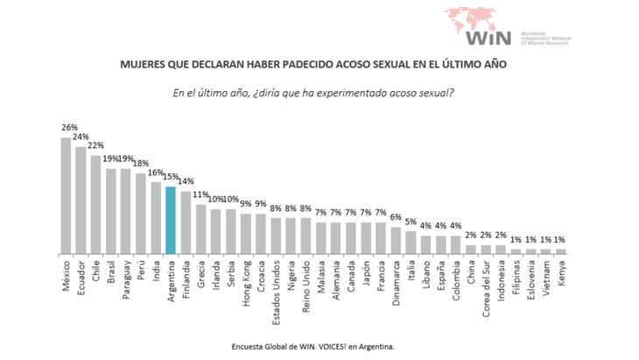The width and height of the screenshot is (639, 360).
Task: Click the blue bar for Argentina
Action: tap(171, 220)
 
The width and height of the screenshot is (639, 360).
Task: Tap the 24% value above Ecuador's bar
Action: tap(81, 137)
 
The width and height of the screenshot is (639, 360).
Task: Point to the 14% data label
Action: tap(187, 181)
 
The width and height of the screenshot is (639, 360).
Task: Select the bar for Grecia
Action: tap(200, 229)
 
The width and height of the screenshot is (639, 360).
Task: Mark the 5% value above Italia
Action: tap(411, 222)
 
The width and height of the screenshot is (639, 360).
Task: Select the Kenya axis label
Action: tap(560, 272)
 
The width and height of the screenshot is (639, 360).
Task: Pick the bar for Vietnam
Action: tap(545, 251)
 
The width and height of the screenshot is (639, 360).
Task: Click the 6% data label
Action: tap(396, 217)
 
